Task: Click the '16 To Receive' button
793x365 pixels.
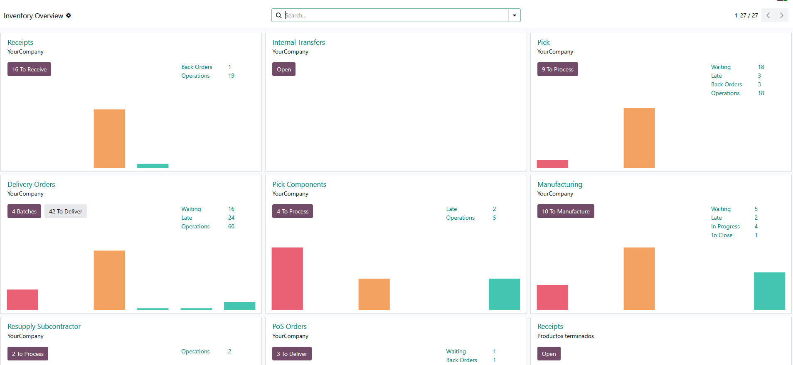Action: (x=29, y=69)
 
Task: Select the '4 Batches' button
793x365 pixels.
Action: (x=24, y=211)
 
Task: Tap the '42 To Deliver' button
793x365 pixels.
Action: (x=66, y=211)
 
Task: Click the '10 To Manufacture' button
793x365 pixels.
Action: (x=565, y=211)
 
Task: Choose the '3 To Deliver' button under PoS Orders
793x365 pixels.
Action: (x=292, y=354)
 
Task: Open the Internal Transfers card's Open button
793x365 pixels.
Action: (x=284, y=69)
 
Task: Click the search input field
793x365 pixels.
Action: (x=395, y=15)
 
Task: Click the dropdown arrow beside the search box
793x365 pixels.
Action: (x=515, y=15)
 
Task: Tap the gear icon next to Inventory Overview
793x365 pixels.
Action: (x=69, y=15)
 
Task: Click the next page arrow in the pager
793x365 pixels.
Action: (x=781, y=15)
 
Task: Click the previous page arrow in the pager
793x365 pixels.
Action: (x=768, y=15)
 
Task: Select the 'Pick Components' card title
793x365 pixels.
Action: (x=299, y=184)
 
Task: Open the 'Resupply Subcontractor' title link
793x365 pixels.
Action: (x=44, y=326)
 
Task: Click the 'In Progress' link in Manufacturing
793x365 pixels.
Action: (x=725, y=226)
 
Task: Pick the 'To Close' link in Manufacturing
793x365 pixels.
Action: (x=722, y=235)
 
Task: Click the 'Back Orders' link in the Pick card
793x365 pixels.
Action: (x=726, y=84)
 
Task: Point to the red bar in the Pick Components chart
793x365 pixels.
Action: (x=287, y=278)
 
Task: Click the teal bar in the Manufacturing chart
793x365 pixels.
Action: (x=769, y=291)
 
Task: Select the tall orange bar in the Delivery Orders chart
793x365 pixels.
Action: (x=109, y=280)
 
